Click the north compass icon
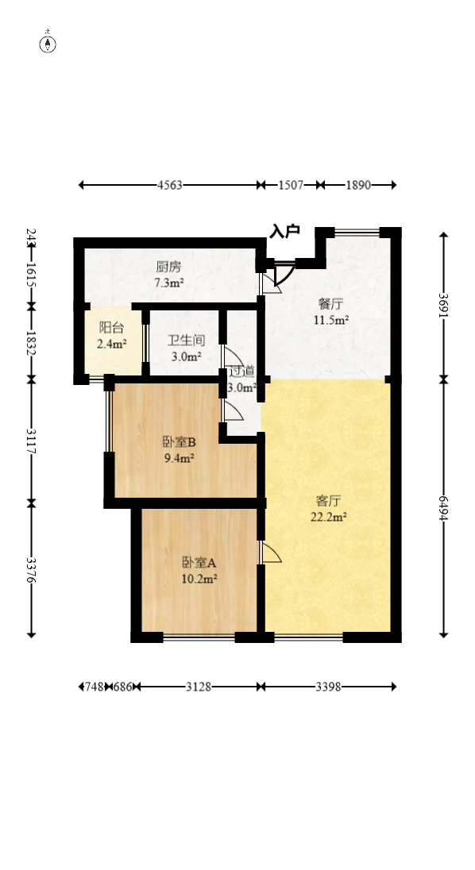point(48,43)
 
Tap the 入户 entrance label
point(284,231)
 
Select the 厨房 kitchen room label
point(168,268)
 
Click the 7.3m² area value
point(168,283)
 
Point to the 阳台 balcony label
point(110,328)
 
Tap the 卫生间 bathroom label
point(186,341)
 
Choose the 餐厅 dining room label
point(330,304)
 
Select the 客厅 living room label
point(328,501)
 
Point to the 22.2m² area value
point(328,517)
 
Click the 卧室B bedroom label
point(179,443)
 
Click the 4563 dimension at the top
point(169,185)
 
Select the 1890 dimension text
point(358,185)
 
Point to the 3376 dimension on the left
point(31,569)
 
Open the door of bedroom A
point(270,553)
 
